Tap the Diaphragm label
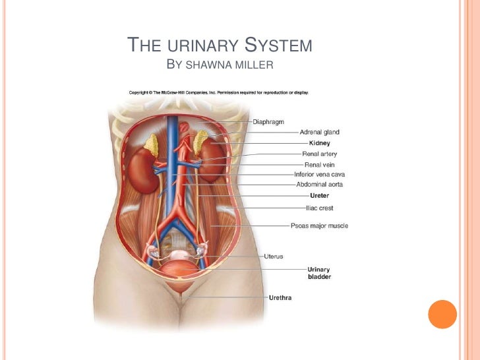tap(270, 122)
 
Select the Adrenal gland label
tap(320, 132)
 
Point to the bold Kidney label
tap(320, 143)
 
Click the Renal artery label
tap(320, 154)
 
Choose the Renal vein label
tap(320, 164)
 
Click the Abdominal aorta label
tap(320, 185)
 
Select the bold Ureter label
tap(320, 196)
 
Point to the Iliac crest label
tap(320, 208)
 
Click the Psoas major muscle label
tap(320, 226)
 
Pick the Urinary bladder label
tap(320, 273)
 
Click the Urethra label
tap(280, 298)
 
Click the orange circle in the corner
tap(442, 315)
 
